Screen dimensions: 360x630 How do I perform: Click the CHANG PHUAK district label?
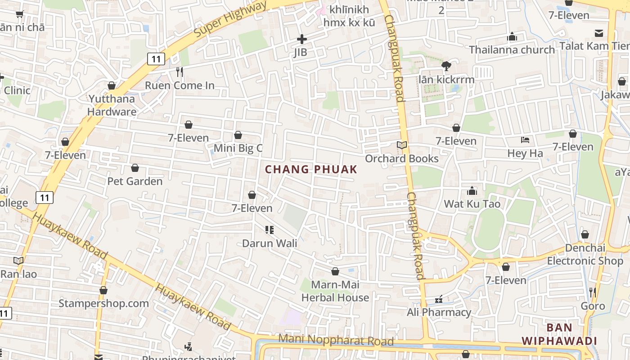311,170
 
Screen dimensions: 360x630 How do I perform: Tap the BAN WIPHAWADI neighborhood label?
559,334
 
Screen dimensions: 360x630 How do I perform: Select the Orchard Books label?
401,158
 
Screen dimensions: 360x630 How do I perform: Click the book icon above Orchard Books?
401,145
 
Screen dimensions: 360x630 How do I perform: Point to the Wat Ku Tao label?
472,204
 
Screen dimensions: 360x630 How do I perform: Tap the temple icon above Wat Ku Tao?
472,191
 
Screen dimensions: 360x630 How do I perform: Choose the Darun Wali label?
270,243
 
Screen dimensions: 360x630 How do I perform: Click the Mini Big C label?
238,148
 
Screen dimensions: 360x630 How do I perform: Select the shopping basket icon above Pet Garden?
135,168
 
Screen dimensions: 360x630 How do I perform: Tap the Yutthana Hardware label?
112,105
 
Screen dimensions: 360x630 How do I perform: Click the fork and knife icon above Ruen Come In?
180,72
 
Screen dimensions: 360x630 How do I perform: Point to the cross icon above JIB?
301,40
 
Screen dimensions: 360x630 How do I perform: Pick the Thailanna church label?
512,49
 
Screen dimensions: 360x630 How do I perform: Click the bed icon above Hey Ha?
525,140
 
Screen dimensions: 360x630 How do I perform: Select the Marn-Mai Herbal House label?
335,291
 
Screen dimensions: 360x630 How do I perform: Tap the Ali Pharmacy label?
439,312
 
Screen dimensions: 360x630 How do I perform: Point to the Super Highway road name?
229,19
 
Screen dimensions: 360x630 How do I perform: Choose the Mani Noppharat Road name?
336,340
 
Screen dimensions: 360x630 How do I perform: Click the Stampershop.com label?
103,303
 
